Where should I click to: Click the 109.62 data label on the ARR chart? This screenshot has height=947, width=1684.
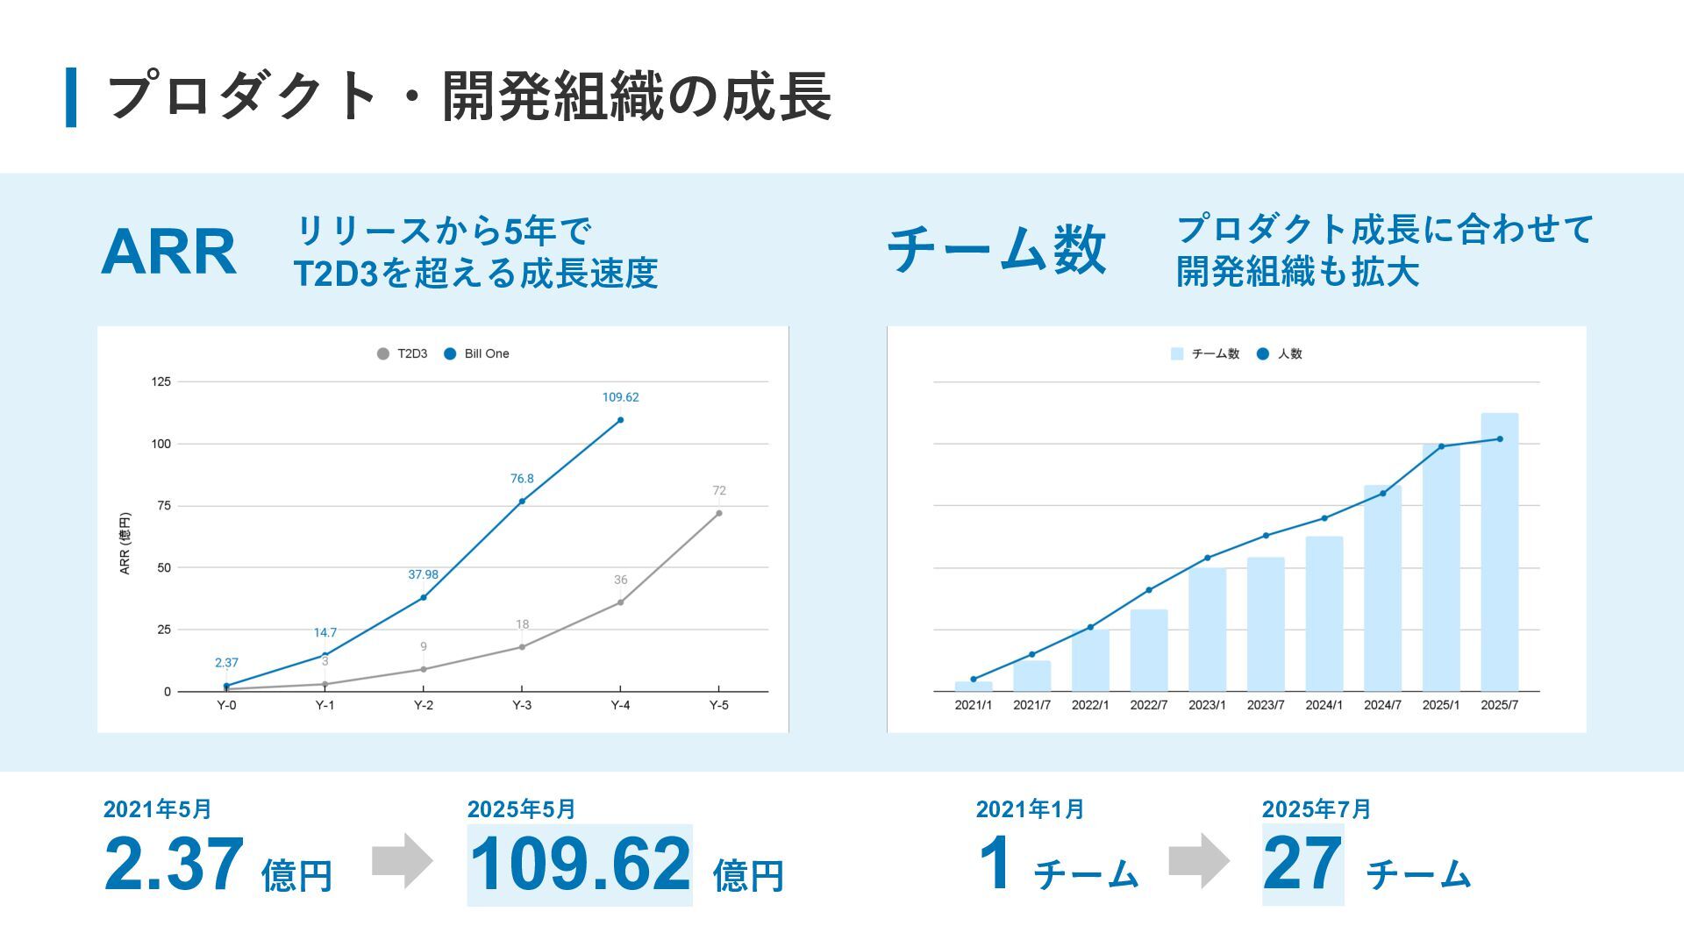pos(620,397)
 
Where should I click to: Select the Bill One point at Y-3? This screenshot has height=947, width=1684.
pos(522,502)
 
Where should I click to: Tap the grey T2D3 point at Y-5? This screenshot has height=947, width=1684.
pos(718,514)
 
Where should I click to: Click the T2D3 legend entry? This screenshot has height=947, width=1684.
pos(403,353)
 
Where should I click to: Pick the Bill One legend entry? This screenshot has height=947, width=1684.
pos(477,353)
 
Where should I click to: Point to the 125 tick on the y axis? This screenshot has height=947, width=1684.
pos(161,381)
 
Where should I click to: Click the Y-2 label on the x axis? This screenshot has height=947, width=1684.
pos(424,705)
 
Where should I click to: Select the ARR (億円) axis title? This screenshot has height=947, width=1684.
pos(125,544)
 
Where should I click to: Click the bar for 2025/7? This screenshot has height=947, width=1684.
pos(1499,552)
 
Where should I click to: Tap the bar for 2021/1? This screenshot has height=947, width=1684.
pos(974,687)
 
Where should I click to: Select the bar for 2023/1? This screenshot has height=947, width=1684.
pos(1207,630)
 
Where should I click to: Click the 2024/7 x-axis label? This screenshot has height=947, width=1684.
pos(1382,705)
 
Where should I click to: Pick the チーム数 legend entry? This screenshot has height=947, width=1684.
pos(1205,353)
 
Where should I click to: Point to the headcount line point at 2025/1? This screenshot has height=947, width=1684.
pos(1441,446)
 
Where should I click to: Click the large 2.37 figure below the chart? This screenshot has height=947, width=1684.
pos(174,864)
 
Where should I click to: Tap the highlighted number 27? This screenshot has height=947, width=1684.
pos(1302,864)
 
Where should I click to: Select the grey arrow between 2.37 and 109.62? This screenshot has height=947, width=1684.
pos(402,860)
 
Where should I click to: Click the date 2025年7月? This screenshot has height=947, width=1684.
pos(1316,808)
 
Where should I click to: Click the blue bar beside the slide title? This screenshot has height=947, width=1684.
pos(71,96)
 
